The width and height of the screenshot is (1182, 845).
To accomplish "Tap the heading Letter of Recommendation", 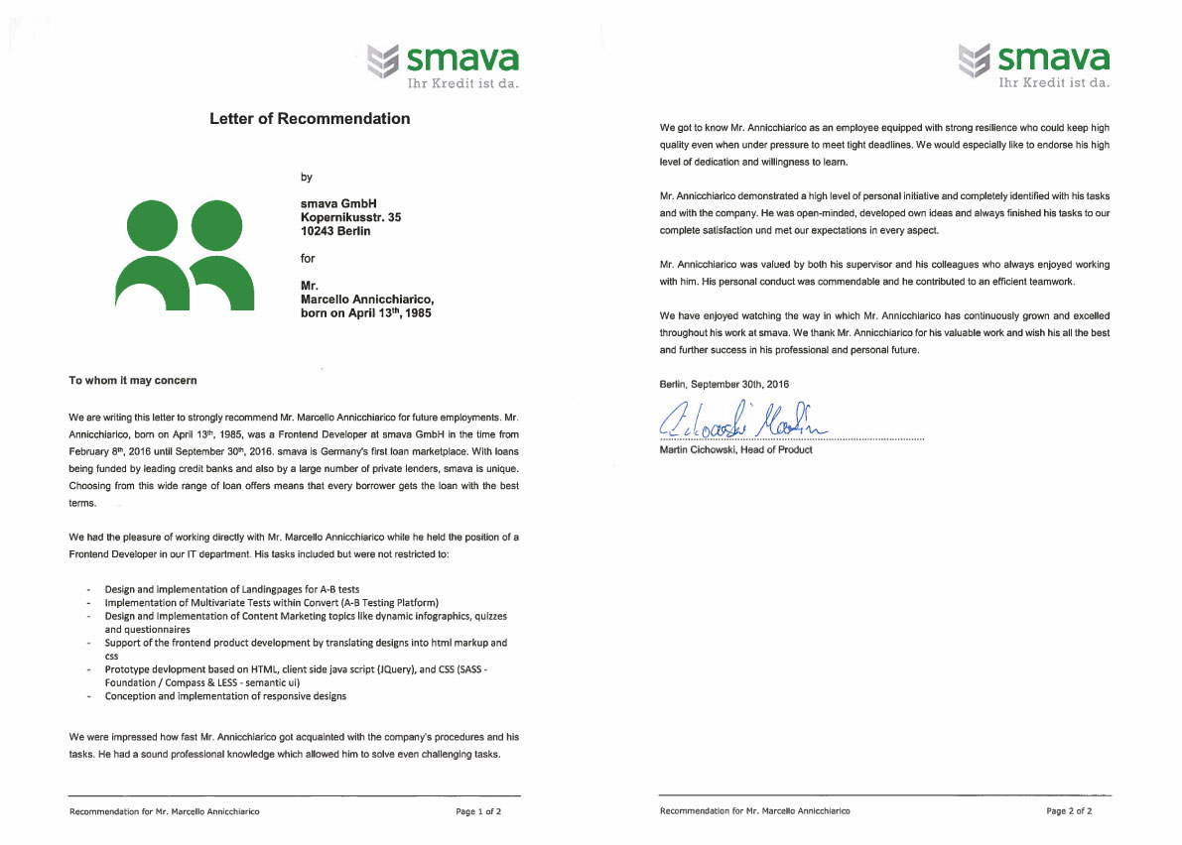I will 310,119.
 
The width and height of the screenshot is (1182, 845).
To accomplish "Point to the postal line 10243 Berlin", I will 335,231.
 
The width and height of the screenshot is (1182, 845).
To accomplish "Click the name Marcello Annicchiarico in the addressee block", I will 366,299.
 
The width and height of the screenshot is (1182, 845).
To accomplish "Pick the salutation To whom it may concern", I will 132,380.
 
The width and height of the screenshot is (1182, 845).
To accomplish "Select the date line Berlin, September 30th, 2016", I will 724,384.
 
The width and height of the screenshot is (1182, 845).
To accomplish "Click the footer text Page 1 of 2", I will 478,811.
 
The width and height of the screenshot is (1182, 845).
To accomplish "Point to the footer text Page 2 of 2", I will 1069,811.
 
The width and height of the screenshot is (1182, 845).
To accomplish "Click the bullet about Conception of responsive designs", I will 225,696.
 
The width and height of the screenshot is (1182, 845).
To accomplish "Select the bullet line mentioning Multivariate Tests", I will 271,603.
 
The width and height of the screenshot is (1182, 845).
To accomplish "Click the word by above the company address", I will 307,178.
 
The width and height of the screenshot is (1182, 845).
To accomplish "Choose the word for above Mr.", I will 308,259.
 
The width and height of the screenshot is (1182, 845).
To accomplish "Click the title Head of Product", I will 778,450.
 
